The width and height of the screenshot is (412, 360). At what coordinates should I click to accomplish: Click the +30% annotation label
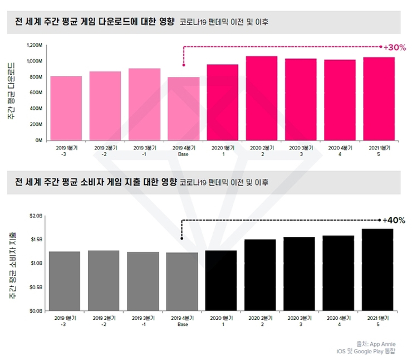tap(395, 47)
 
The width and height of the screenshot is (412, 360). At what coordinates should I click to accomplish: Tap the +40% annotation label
tap(394, 221)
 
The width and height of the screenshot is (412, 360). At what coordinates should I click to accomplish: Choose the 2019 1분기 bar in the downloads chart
tap(66, 108)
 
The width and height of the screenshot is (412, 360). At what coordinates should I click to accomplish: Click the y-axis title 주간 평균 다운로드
tap(12, 92)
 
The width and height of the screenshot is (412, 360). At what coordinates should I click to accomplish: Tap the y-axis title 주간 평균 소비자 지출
tap(12, 263)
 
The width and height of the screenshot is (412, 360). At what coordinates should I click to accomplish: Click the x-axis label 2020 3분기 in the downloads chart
tap(301, 151)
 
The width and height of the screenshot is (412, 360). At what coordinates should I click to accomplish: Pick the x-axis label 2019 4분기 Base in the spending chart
tap(183, 321)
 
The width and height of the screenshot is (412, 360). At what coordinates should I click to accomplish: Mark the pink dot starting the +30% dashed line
tap(183, 65)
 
